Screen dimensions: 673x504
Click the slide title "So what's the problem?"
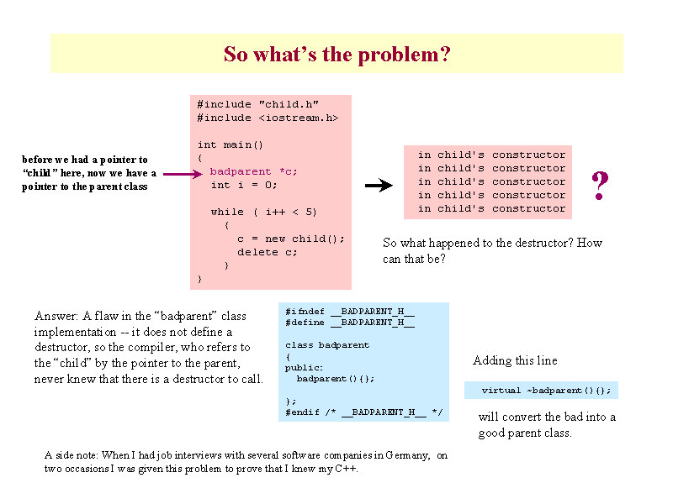[337, 55]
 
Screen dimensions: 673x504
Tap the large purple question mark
[600, 185]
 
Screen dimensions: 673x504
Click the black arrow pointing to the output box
[379, 185]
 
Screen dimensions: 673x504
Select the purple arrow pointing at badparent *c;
[183, 174]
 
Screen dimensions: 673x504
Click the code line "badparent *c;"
[253, 172]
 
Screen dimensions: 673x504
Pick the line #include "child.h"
[257, 104]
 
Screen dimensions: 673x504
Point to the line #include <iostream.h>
[268, 118]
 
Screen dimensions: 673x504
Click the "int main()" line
[230, 144]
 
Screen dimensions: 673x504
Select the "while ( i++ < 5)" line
[263, 213]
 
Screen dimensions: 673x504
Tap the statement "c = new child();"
[290, 239]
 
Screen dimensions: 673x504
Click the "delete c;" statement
[267, 253]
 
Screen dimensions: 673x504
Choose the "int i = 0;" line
[244, 185]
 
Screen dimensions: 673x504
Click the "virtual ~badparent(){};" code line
[546, 391]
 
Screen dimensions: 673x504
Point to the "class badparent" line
[327, 345]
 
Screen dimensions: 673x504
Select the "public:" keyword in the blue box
[304, 368]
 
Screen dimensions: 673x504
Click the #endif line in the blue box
[364, 412]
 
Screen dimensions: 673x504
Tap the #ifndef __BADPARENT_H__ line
[350, 312]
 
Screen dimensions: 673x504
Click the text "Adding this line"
[515, 360]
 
